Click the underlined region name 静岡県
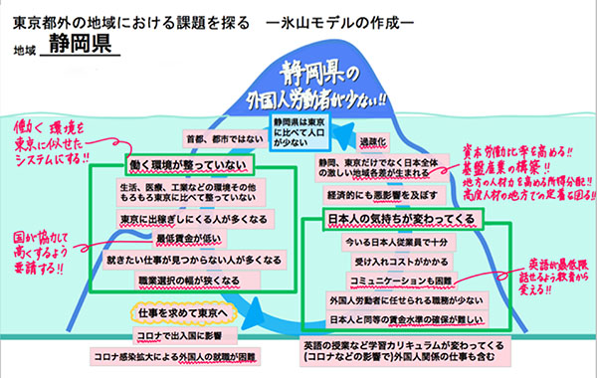point(86,47)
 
